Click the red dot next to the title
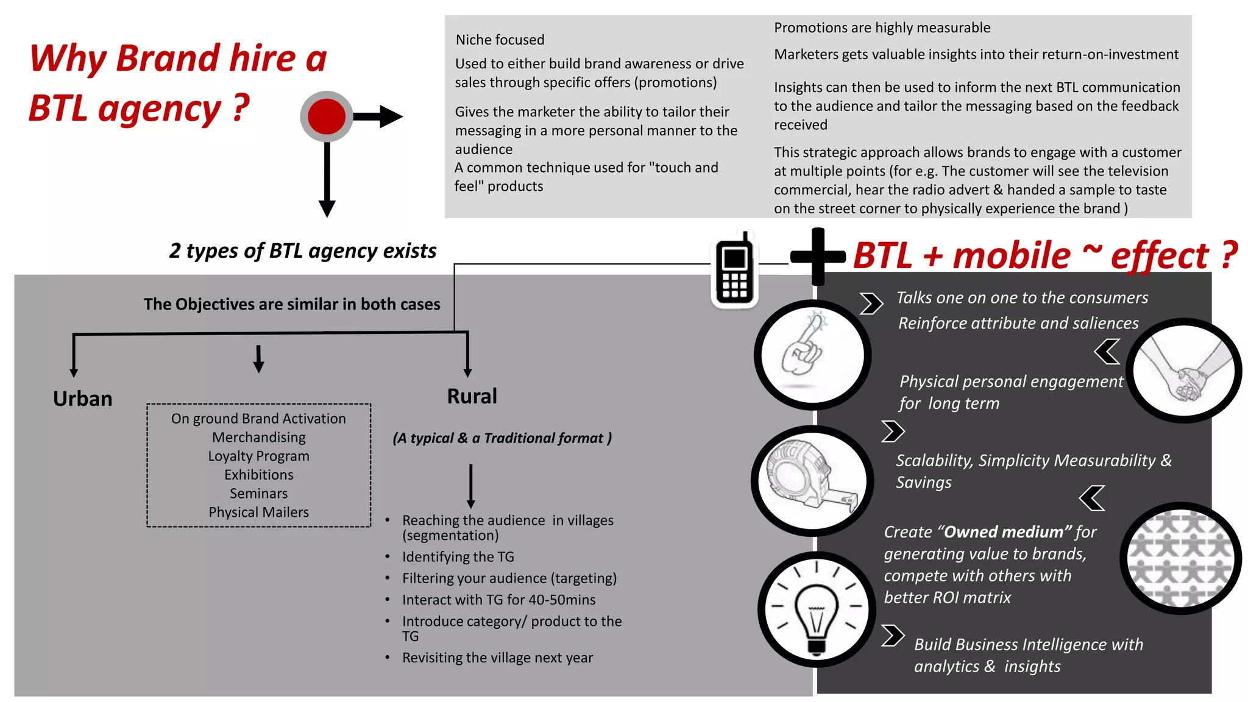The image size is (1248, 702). tap(327, 116)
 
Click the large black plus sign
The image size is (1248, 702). tap(818, 257)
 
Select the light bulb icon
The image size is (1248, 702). tap(816, 609)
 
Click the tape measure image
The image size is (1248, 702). tap(812, 480)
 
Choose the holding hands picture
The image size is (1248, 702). tap(1183, 370)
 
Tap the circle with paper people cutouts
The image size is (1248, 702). tap(1180, 558)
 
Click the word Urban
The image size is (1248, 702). tap(83, 399)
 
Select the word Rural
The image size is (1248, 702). tap(472, 396)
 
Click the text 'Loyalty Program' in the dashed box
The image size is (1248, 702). tap(258, 456)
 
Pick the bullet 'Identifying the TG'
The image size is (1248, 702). tap(458, 556)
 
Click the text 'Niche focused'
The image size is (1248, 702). tap(500, 40)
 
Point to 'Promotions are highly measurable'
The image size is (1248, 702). tap(882, 27)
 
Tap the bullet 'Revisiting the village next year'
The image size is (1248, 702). tap(497, 658)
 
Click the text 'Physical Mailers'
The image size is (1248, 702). tap(258, 512)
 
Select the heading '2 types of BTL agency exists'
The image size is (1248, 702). tap(302, 250)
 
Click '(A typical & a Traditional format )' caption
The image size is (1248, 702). tap(502, 438)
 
